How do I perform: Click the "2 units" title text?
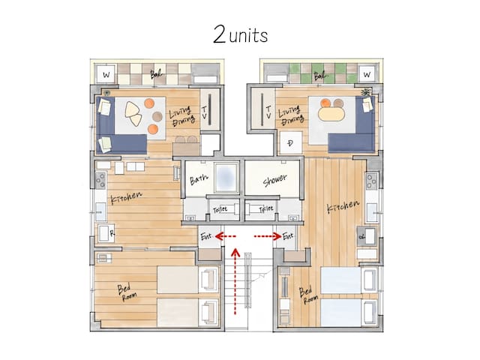pyautogui.click(x=240, y=34)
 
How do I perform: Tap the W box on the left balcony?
pyautogui.click(x=106, y=75)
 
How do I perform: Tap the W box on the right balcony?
pyautogui.click(x=367, y=74)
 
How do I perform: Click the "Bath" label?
pyautogui.click(x=198, y=180)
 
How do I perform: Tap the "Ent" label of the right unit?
pyautogui.click(x=288, y=236)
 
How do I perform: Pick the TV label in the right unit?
pyautogui.click(x=268, y=114)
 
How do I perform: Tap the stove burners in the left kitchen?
pyautogui.click(x=99, y=180)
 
